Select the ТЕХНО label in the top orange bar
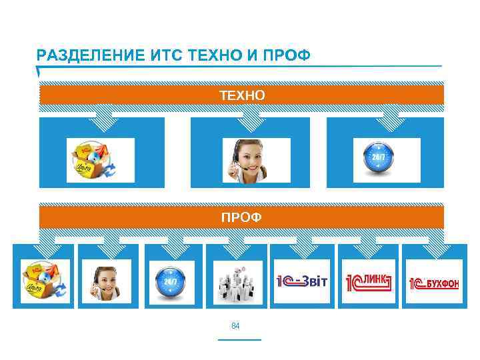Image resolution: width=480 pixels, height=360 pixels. [242, 95]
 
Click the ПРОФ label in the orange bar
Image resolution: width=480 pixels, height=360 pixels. [242, 217]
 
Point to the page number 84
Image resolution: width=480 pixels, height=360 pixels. [235, 326]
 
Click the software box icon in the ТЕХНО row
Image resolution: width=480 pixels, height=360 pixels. [100, 160]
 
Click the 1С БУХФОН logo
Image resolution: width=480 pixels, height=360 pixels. [434, 282]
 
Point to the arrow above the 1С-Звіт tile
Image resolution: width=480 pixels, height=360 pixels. [302, 248]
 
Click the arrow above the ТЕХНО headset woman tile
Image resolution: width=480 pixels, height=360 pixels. [250, 119]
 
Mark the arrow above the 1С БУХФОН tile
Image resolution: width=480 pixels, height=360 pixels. [435, 248]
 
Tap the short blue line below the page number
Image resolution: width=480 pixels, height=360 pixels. [239, 339]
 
